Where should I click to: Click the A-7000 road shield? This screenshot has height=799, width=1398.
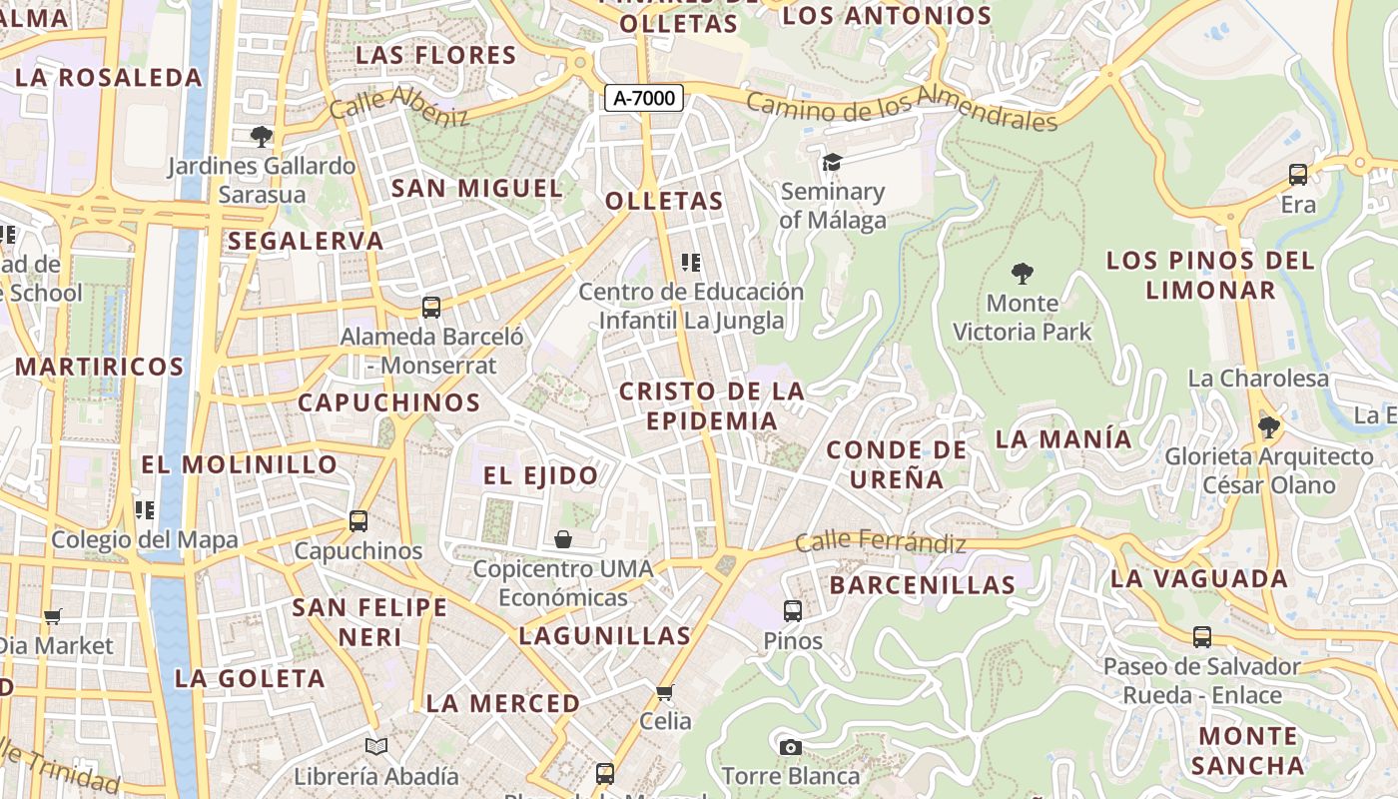[644, 98]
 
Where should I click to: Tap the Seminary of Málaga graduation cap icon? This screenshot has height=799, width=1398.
[832, 162]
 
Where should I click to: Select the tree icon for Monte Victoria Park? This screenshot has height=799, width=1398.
[1022, 273]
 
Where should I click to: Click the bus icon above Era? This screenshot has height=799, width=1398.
[1298, 175]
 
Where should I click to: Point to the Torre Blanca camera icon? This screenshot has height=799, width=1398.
[790, 747]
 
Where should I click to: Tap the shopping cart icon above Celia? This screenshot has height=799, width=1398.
[665, 692]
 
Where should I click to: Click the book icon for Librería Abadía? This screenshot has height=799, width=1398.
[376, 747]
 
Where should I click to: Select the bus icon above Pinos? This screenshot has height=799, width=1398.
[793, 610]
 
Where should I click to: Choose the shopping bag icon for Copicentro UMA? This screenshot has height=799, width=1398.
[563, 539]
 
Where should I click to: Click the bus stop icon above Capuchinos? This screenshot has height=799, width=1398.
[357, 521]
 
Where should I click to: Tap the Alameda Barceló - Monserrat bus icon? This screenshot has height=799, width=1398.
[431, 308]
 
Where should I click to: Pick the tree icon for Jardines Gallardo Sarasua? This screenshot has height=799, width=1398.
[262, 136]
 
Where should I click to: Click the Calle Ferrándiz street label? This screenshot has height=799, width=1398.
[881, 542]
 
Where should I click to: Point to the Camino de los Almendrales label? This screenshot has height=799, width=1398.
[901, 111]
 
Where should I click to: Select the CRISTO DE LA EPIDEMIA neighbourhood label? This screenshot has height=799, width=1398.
[711, 405]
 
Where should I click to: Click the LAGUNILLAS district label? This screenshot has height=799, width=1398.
[604, 635]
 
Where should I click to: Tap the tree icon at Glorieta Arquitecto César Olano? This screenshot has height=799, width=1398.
[1268, 427]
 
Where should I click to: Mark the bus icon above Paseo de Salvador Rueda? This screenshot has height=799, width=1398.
[1202, 637]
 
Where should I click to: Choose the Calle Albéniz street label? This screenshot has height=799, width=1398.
[398, 105]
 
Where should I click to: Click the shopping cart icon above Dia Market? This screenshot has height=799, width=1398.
[53, 617]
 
